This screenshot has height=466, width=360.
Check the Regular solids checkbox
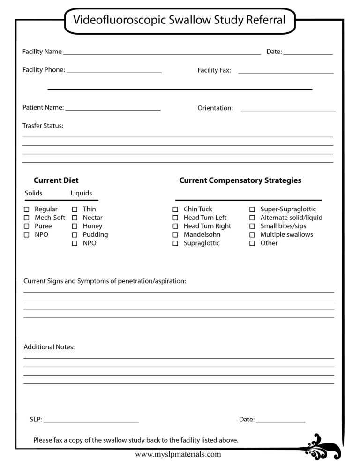point(27,210)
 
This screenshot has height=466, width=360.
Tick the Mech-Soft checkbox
point(27,218)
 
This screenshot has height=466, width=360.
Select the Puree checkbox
point(27,226)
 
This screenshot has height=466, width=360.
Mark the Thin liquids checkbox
point(75,210)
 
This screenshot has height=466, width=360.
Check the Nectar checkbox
point(75,218)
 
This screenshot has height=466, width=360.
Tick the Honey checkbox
point(75,226)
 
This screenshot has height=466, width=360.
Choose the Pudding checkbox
point(75,235)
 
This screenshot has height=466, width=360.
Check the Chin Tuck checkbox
point(175,210)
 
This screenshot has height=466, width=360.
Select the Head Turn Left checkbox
point(175,218)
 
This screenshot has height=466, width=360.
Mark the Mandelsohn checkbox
point(175,235)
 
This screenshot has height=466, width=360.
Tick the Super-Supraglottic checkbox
point(252,210)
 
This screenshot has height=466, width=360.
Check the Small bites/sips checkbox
point(252,226)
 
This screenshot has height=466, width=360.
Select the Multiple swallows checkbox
point(252,235)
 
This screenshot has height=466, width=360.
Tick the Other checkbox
point(252,243)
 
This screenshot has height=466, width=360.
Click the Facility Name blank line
point(162,53)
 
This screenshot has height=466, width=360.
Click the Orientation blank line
point(288,109)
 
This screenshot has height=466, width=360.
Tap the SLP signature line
point(91,421)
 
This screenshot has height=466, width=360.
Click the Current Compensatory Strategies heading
point(240,180)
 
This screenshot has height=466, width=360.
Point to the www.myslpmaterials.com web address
point(178,454)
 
